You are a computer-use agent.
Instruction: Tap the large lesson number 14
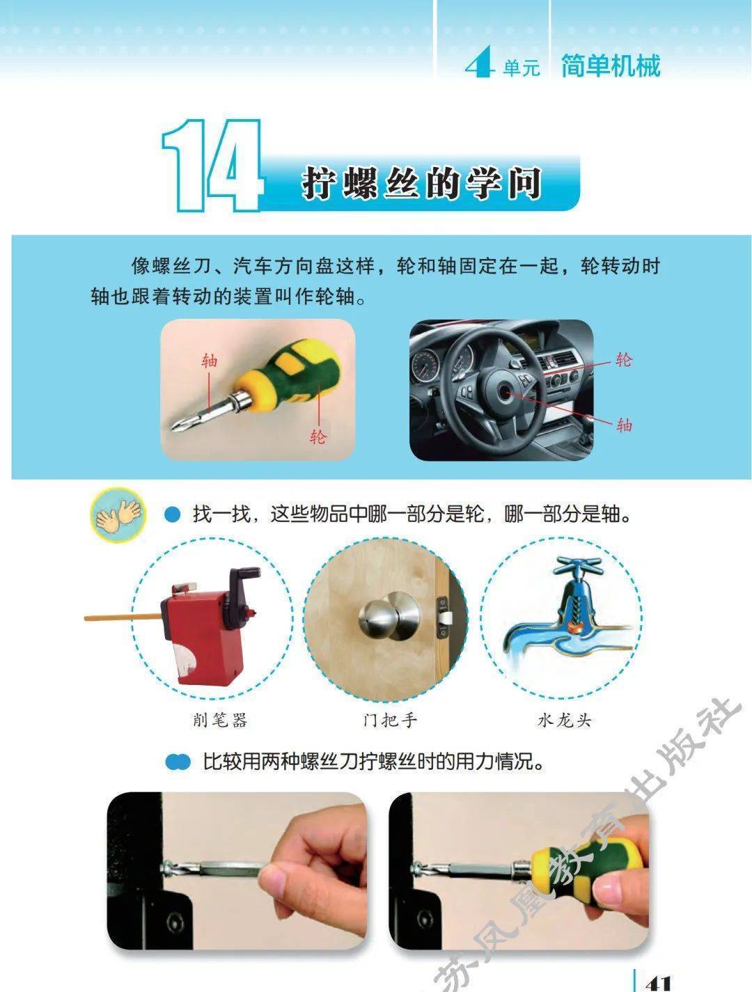212,166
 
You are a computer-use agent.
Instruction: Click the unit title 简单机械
611,66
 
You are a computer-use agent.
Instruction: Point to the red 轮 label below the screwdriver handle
318,436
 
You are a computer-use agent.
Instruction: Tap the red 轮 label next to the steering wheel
624,360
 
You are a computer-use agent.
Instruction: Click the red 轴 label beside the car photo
625,425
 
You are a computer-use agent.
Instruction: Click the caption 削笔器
220,720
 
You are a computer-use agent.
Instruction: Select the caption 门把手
390,720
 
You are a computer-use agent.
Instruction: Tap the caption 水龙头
565,720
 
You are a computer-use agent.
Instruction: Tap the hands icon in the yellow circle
118,514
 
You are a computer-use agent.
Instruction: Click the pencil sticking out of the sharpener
123,617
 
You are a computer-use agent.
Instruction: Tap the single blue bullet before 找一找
172,514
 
